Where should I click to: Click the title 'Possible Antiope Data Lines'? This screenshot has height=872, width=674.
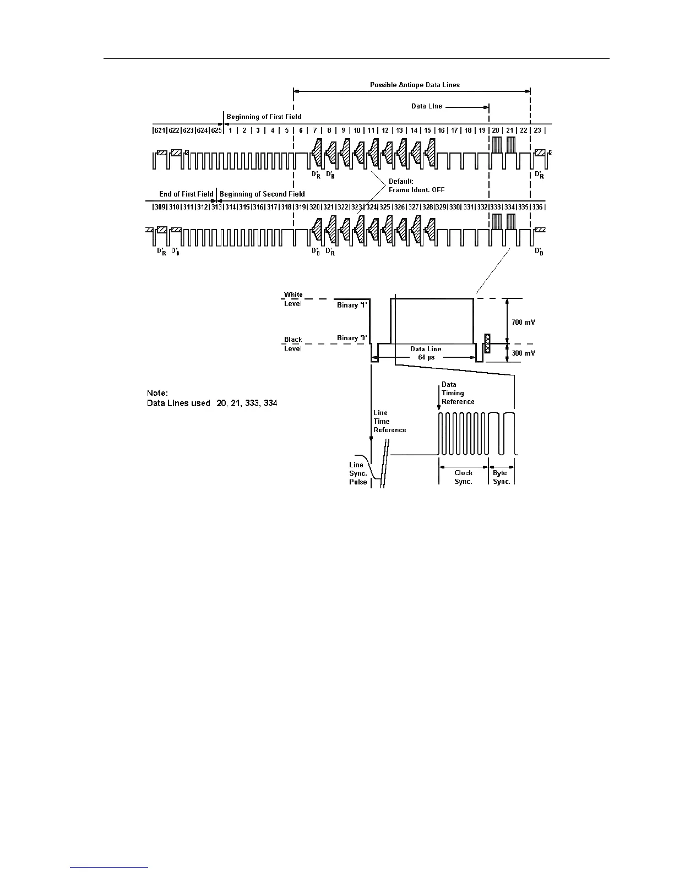pos(414,85)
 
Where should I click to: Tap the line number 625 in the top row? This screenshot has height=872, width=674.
pos(216,130)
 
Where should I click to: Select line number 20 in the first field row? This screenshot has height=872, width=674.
pos(496,130)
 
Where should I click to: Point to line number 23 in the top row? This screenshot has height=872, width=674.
pos(538,130)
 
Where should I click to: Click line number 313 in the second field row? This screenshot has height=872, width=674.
pos(216,207)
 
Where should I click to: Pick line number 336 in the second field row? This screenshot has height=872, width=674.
pos(537,207)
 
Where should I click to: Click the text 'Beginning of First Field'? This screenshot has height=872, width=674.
pos(264,117)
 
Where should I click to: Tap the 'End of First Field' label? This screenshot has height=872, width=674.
pos(186,194)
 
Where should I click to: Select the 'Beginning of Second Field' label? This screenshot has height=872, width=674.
pos(262,194)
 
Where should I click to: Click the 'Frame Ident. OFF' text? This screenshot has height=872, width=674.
pos(417,190)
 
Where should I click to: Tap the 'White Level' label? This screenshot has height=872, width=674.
pos(293,299)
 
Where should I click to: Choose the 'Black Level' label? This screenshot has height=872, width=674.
pos(293,344)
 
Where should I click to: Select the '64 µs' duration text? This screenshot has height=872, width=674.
pos(425,357)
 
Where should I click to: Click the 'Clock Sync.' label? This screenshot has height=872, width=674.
pos(463,477)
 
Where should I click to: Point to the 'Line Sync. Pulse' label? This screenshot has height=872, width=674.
pos(358,473)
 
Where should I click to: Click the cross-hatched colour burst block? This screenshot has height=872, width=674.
pos(487,344)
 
